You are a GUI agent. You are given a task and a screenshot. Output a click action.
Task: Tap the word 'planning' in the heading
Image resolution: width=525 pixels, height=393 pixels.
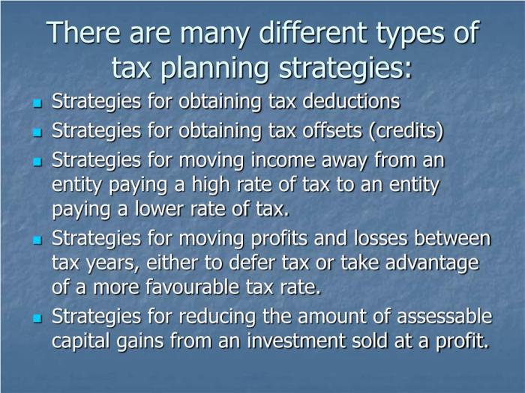click(x=214, y=69)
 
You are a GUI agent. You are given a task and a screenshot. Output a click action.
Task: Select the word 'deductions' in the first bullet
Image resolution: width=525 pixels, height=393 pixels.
click(x=351, y=101)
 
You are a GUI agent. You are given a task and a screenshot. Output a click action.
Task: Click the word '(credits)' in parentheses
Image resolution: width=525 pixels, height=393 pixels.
click(x=406, y=131)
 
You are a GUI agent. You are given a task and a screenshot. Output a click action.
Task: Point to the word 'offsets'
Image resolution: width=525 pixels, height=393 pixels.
click(x=332, y=130)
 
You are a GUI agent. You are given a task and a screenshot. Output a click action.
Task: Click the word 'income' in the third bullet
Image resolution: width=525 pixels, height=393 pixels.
click(x=283, y=159)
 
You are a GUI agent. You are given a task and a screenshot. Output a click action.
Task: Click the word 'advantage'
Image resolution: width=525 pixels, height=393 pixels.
click(x=432, y=263)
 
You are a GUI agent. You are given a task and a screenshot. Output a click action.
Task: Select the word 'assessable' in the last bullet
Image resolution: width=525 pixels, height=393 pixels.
click(x=445, y=316)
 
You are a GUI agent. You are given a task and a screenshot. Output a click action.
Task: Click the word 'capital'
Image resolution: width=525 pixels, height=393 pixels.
click(x=80, y=341)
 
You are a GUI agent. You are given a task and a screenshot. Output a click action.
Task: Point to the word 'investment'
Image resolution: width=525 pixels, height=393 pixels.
click(x=297, y=341)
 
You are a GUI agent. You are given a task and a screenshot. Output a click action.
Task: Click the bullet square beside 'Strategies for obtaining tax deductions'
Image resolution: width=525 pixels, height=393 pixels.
click(x=37, y=103)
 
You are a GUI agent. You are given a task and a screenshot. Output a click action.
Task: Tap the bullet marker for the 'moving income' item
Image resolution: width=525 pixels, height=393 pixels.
click(x=37, y=162)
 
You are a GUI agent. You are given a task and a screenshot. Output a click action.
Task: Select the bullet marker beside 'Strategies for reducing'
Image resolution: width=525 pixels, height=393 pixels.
click(x=37, y=318)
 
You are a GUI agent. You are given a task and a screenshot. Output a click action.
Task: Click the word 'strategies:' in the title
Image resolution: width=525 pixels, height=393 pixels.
click(x=346, y=69)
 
